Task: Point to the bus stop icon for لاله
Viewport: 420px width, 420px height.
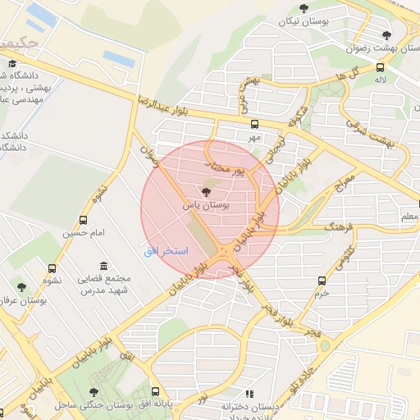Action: click(x=379, y=68)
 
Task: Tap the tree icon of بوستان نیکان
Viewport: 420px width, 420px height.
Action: click(x=304, y=9)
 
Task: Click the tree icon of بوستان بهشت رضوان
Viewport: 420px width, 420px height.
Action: click(x=386, y=35)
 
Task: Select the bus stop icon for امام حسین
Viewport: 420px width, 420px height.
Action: click(x=83, y=220)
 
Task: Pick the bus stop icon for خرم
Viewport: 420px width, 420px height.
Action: click(x=322, y=281)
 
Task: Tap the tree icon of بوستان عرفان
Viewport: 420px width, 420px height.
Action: click(x=21, y=287)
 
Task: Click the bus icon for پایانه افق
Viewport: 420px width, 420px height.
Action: click(x=156, y=391)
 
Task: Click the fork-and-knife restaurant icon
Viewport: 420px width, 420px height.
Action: click(x=249, y=394)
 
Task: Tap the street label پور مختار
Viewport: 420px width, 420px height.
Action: click(x=225, y=167)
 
